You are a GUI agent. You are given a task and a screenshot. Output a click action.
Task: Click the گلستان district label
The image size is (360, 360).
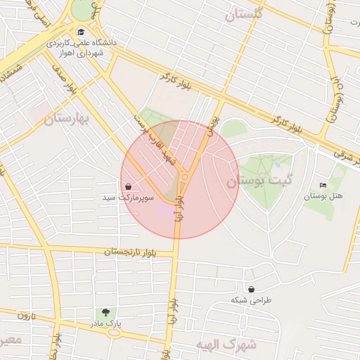(x=243, y=14)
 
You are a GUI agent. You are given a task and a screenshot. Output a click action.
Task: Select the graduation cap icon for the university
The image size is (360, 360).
(x=80, y=32)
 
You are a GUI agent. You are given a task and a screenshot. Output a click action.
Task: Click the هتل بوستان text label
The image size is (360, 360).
(x=323, y=195)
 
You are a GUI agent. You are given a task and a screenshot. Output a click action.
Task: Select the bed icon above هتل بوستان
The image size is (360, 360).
(x=323, y=185)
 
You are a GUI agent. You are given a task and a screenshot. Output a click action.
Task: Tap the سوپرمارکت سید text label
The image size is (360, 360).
(x=128, y=198)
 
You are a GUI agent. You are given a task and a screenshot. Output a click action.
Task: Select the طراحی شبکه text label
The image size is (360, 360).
(x=251, y=300)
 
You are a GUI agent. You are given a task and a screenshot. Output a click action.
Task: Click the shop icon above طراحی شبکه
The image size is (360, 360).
(x=251, y=289)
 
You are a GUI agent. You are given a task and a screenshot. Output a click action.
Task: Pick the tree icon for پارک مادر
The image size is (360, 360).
(x=106, y=312)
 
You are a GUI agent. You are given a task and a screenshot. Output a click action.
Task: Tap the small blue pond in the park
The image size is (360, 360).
(x=277, y=165)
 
